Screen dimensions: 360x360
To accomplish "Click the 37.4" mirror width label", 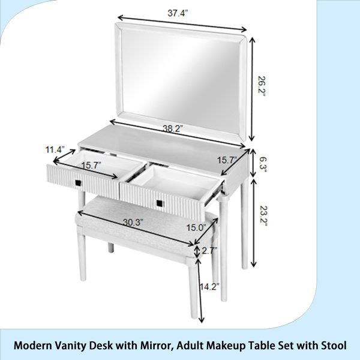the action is tap(178, 13).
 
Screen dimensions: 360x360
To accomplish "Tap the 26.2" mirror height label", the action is tap(262, 86).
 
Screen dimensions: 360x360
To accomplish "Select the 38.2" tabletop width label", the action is tap(173, 128).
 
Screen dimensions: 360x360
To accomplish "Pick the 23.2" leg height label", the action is tap(263, 215).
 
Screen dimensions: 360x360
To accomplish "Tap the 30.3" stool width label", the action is tap(133, 222).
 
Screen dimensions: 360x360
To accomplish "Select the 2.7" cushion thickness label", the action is tap(209, 250).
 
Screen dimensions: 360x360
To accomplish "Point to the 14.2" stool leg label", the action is tap(209, 287).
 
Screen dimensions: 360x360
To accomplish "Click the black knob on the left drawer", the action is tap(78, 183).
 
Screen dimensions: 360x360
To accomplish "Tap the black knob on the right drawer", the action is tap(160, 203).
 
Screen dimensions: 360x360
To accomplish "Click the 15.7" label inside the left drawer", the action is tap(91, 165).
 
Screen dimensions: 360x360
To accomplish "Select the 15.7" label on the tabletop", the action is tap(227, 160).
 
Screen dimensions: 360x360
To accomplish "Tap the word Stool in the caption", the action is tap(334, 346).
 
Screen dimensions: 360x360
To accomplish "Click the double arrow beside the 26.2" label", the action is tap(252, 89).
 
